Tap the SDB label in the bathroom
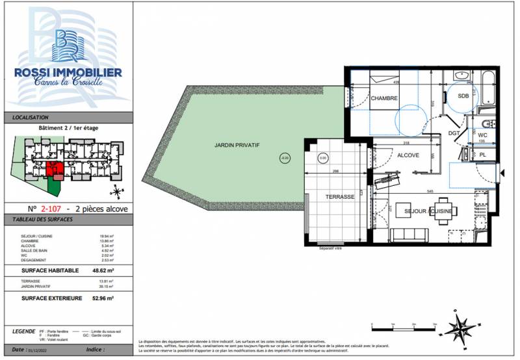(x=463, y=96)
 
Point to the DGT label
(x=454, y=133)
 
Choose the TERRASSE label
(x=339, y=197)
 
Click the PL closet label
(x=482, y=155)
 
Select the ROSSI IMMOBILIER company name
(x=68, y=73)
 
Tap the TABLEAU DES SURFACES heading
(x=43, y=220)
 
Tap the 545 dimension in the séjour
(x=430, y=191)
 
